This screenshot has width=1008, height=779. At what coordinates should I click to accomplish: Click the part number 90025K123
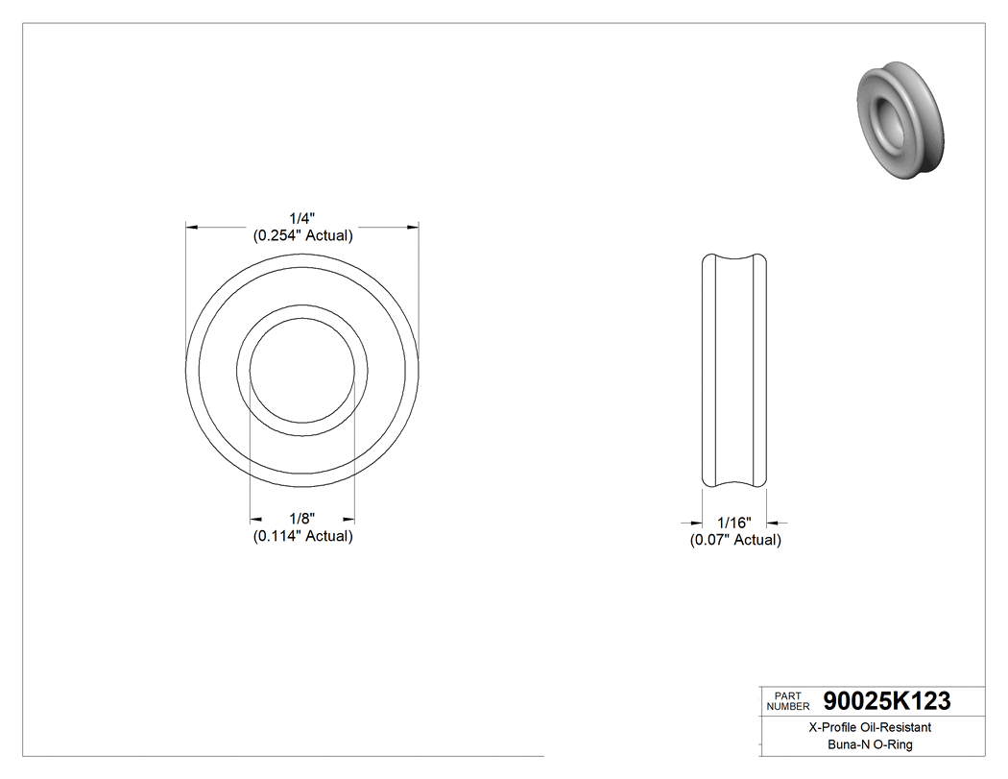click(887, 702)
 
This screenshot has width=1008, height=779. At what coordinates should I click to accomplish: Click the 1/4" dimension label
click(302, 218)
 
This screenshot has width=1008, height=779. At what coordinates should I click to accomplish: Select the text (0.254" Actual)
click(302, 235)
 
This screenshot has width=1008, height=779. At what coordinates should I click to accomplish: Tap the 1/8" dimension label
click(302, 519)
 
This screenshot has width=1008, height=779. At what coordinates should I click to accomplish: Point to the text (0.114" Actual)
click(302, 536)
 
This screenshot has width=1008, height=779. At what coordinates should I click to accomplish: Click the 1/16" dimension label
click(735, 523)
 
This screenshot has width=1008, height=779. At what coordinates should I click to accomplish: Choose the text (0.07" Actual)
click(735, 540)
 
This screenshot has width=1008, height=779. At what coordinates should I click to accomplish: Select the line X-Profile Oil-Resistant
click(870, 728)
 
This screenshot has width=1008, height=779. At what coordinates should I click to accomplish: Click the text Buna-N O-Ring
click(870, 744)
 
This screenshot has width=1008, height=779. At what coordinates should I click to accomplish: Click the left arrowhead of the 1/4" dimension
click(191, 228)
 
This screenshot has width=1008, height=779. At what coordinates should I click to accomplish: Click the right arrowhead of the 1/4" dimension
click(414, 228)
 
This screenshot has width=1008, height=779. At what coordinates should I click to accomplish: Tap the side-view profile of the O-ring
click(734, 370)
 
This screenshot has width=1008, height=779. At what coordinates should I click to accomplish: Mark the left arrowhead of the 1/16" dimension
click(698, 523)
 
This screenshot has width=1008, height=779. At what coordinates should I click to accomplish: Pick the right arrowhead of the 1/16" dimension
click(772, 523)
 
